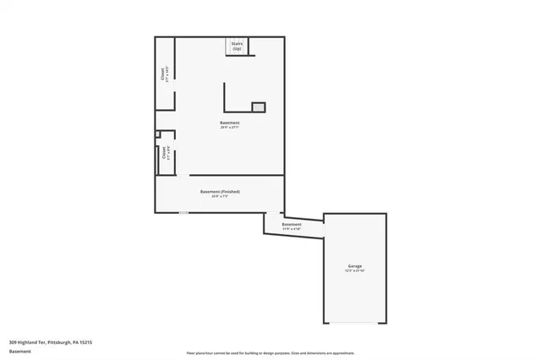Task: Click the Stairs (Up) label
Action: (x=237, y=46)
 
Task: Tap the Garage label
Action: (x=355, y=266)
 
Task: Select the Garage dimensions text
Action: (x=355, y=271)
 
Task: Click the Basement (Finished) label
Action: (x=220, y=192)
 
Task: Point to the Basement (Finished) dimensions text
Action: (x=220, y=197)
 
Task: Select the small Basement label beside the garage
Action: (x=292, y=224)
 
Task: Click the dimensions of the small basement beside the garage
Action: (x=292, y=228)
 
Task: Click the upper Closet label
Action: (x=161, y=74)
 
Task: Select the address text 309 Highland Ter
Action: (x=51, y=342)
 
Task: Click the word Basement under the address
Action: (x=19, y=352)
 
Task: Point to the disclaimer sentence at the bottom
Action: (x=270, y=352)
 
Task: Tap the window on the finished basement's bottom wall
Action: (x=183, y=212)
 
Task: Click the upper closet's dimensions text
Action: (x=167, y=74)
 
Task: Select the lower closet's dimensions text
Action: (x=167, y=154)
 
